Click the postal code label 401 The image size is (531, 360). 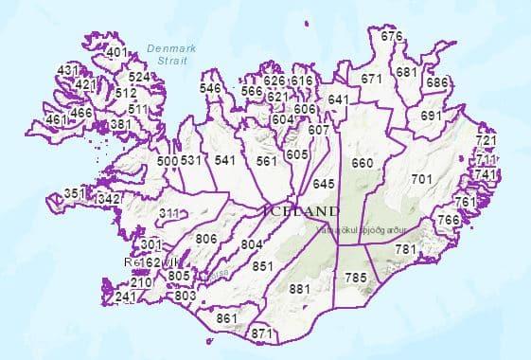[x=117, y=52]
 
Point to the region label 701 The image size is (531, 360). [x=422, y=178]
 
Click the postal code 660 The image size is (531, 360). [x=362, y=163]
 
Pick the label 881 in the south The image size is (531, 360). [x=299, y=288]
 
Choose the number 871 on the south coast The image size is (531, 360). [x=262, y=333]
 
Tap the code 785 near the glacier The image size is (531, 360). [x=355, y=277]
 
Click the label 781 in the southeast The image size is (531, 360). [x=405, y=248]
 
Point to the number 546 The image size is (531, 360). [x=211, y=88]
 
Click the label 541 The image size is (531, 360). [x=224, y=160]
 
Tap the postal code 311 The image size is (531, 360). [x=169, y=213]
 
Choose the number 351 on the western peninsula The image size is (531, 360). [x=74, y=193]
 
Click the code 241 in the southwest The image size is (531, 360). [x=125, y=297]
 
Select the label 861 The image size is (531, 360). [x=226, y=318]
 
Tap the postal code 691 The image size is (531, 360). [x=431, y=116]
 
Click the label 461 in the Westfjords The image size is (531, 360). [x=57, y=120]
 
